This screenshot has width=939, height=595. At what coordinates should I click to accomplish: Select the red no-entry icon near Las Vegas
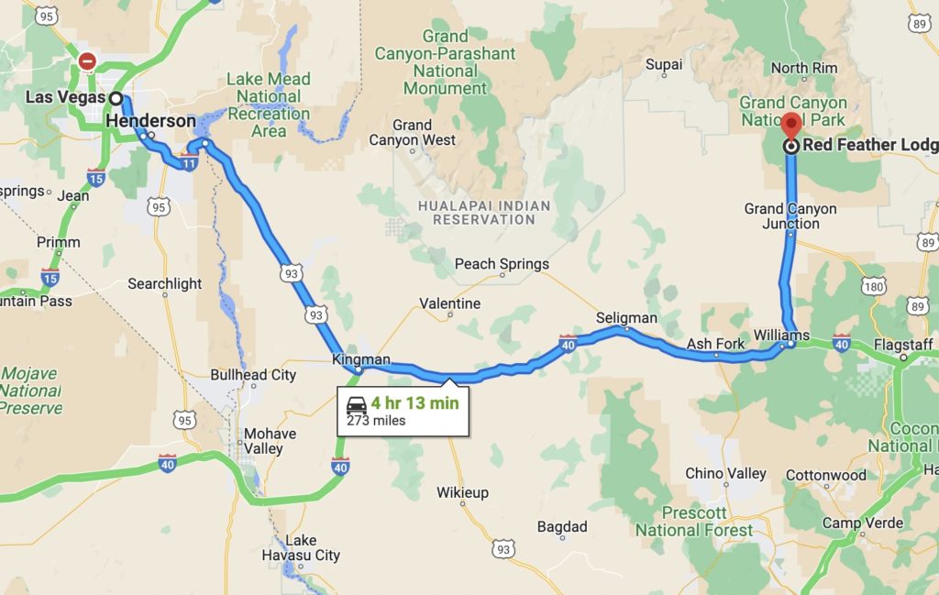[87, 61]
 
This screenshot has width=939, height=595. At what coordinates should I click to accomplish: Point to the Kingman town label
[361, 359]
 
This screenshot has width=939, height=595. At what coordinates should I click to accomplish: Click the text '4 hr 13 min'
[414, 402]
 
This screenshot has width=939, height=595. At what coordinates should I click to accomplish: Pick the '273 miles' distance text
[376, 421]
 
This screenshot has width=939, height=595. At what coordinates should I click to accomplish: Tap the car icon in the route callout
[357, 402]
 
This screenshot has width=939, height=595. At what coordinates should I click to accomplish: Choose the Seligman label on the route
[626, 317]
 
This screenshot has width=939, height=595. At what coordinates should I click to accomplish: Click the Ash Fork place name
[716, 344]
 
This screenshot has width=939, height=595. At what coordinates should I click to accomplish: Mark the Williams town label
[781, 335]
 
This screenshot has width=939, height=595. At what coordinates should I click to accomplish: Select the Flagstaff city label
[902, 345]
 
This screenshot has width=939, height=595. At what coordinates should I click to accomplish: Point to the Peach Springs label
[502, 264]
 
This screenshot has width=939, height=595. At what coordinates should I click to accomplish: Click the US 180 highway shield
[873, 287]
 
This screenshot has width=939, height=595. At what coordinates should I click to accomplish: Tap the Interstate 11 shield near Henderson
[188, 164]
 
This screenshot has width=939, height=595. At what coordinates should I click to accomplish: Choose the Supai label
[664, 64]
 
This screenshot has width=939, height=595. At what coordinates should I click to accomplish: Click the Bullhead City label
[253, 374]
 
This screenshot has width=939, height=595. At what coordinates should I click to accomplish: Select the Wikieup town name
[462, 492]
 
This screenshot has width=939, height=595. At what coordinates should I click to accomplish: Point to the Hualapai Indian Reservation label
[483, 213]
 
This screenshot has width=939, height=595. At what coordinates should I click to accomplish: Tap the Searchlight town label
[164, 283]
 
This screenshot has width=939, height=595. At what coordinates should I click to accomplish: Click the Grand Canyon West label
[412, 132]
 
